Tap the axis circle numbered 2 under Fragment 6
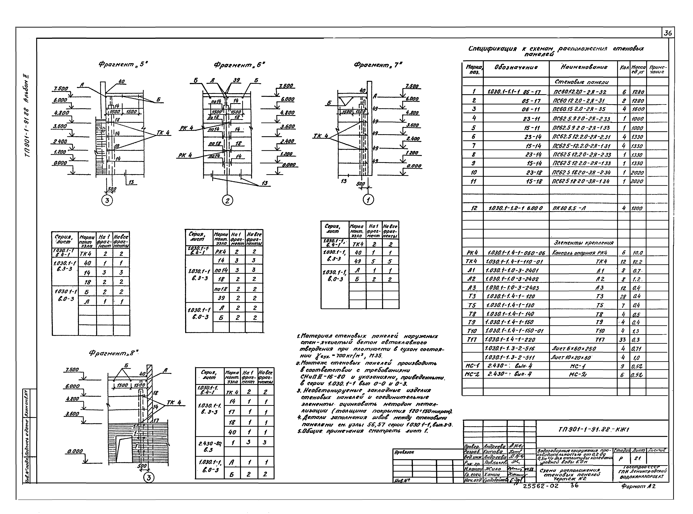click(x=227, y=201)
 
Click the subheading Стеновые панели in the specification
click(x=581, y=82)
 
